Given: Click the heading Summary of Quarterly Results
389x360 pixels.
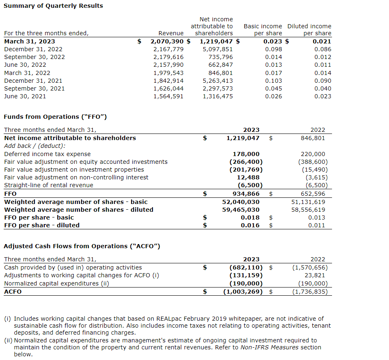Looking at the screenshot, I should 53,6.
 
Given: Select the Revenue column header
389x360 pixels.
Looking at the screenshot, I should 171,33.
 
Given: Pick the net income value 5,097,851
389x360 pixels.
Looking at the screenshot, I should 218,49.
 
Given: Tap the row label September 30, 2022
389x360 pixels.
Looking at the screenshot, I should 34,57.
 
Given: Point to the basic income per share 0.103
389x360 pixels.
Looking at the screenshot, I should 273,81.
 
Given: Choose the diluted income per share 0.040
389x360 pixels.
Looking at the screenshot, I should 323,88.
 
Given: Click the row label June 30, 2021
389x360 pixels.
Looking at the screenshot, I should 25,96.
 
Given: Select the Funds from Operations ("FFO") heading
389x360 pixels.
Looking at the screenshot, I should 55,117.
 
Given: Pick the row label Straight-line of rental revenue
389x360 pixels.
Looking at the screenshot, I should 48,185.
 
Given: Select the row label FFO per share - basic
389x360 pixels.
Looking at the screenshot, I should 39,217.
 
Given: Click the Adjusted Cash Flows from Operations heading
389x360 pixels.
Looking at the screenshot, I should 82,246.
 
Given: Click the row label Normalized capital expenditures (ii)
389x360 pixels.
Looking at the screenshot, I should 57,283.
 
